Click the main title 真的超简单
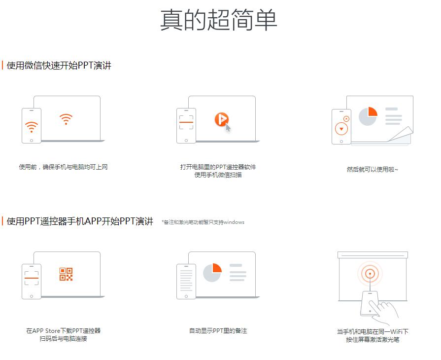pyautogui.click(x=219, y=20)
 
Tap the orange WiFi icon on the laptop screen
pyautogui.click(x=66, y=119)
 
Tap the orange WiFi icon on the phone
pyautogui.click(x=32, y=126)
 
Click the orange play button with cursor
pyautogui.click(x=222, y=119)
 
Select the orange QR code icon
pyautogui.click(x=66, y=274)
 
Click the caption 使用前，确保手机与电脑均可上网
pyautogui.click(x=63, y=167)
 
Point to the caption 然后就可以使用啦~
pyautogui.click(x=372, y=169)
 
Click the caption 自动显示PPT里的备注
pyautogui.click(x=218, y=330)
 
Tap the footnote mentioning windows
pyautogui.click(x=203, y=222)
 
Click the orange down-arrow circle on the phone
pyautogui.click(x=341, y=129)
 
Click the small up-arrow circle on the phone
pyautogui.click(x=346, y=118)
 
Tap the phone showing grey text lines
pyautogui.click(x=186, y=281)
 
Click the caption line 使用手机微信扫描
pyautogui.click(x=218, y=175)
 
